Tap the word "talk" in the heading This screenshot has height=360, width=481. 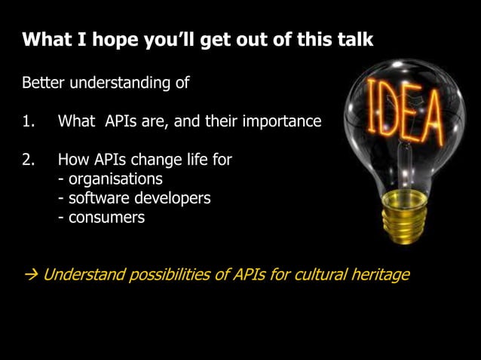(x=354, y=39)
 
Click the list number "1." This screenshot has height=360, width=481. (x=29, y=121)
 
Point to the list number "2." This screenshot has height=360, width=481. (x=29, y=160)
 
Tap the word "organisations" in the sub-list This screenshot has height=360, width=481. (x=115, y=179)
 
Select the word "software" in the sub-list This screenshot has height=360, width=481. (x=97, y=199)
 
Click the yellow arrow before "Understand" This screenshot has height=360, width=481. (x=30, y=274)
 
